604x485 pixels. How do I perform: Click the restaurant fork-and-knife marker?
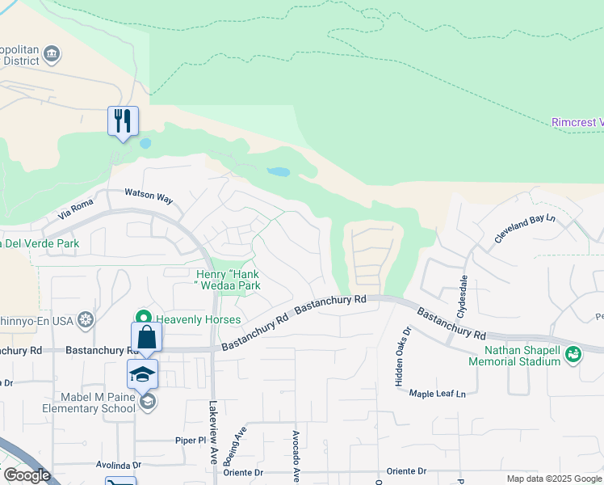(123, 121)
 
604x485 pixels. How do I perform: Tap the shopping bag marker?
(147, 337)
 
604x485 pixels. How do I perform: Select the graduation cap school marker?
(142, 374)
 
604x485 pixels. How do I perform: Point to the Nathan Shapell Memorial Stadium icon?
(573, 353)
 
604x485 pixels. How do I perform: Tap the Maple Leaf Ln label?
(438, 394)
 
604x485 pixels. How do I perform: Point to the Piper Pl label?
(192, 441)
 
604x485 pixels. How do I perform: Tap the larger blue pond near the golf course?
(277, 172)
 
